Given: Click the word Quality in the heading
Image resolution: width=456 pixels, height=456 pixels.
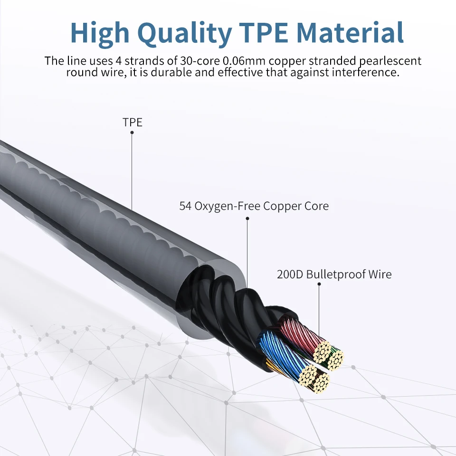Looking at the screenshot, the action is (183, 32).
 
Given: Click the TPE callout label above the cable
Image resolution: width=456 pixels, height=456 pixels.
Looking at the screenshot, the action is (133, 122).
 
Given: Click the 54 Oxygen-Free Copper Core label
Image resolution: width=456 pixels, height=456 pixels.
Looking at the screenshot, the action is (254, 206).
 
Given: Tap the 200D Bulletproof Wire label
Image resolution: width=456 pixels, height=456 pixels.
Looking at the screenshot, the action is (334, 274).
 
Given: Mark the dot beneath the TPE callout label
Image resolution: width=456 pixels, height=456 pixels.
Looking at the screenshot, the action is (132, 133).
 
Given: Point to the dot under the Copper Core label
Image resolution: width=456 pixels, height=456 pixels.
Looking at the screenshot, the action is (247, 218).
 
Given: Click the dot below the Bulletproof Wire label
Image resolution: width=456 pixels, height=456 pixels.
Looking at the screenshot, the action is (319, 284).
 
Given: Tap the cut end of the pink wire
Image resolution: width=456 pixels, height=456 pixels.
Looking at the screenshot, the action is (323, 351).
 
